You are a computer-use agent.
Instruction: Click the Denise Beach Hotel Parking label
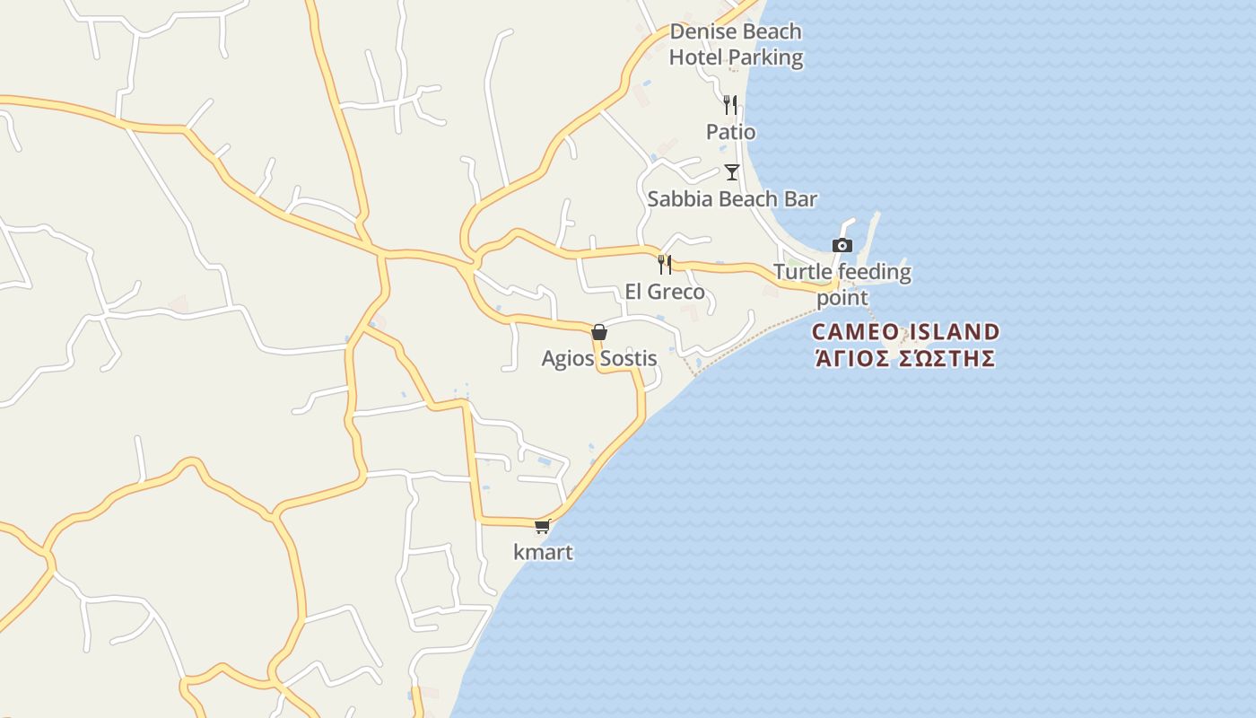[x=736, y=45]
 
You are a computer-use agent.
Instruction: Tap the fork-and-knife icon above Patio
[x=730, y=105]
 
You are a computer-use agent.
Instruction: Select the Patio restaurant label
[x=730, y=132]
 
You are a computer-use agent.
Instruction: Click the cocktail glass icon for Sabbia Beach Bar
[x=732, y=171]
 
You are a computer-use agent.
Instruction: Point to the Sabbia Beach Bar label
[x=732, y=199]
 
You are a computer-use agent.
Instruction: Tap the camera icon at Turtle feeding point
[x=842, y=245]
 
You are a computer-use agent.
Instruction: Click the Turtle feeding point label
[x=842, y=284]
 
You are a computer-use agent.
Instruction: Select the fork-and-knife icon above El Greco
[x=665, y=264]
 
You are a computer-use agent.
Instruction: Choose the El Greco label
[x=665, y=292]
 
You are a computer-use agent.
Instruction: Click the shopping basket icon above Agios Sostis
[x=599, y=332]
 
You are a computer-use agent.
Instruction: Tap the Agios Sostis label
[x=599, y=359]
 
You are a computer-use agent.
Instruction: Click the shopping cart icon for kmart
[x=542, y=527]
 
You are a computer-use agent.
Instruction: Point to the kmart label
[x=543, y=552]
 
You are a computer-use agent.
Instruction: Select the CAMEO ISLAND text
[x=905, y=332]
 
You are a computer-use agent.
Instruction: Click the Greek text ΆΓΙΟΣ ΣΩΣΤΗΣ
[x=905, y=359]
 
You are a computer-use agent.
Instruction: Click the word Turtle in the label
[x=801, y=272]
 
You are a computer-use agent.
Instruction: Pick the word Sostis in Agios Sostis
[x=629, y=359]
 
